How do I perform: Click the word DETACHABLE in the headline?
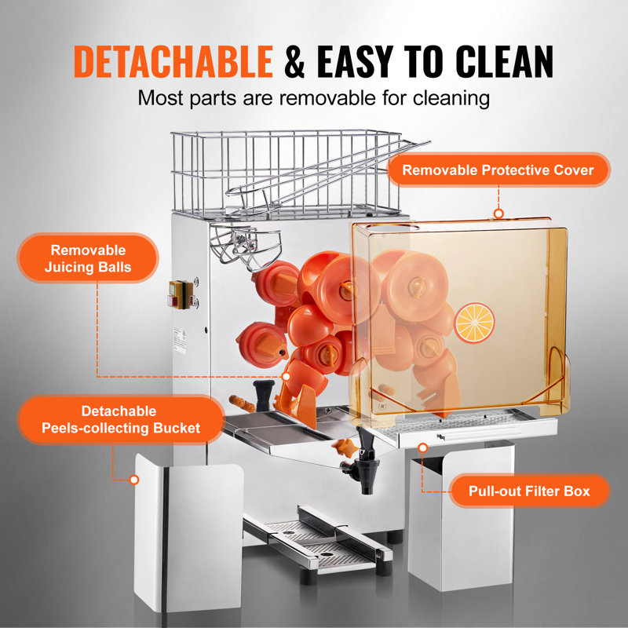click(173, 62)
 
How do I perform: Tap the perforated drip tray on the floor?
click(314, 541)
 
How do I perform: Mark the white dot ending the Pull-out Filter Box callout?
click(423, 447)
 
